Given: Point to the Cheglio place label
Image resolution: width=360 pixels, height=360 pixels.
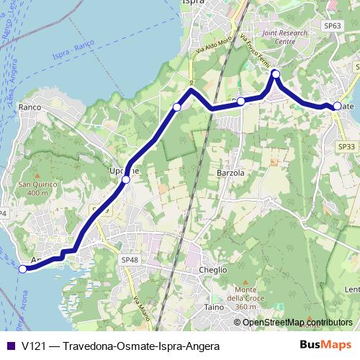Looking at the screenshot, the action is click(x=212, y=269).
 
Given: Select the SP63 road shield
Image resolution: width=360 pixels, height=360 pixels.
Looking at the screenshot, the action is click(x=332, y=26).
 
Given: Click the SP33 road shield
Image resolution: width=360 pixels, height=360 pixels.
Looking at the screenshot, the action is click(x=347, y=147).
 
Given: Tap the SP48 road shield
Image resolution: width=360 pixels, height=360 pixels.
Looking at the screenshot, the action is click(x=130, y=259).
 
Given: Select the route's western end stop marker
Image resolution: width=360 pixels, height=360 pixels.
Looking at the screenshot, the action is click(x=22, y=269).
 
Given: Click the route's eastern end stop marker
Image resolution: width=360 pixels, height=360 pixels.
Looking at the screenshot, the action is click(x=337, y=106).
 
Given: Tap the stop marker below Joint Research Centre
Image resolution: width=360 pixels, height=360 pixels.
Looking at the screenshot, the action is click(x=275, y=73).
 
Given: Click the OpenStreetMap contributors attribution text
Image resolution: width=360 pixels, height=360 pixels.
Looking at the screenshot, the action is click(x=297, y=323).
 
